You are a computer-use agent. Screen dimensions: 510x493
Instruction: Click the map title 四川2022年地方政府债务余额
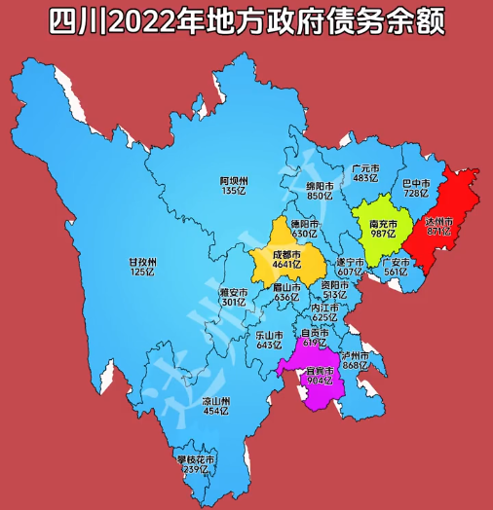[x=246, y=20]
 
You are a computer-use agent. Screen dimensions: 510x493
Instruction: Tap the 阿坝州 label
[x=234, y=180]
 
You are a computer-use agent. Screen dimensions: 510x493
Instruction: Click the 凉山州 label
[x=214, y=401]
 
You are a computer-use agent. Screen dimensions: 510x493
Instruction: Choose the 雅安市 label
[x=233, y=292]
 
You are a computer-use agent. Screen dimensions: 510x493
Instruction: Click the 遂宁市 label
[x=350, y=263]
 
